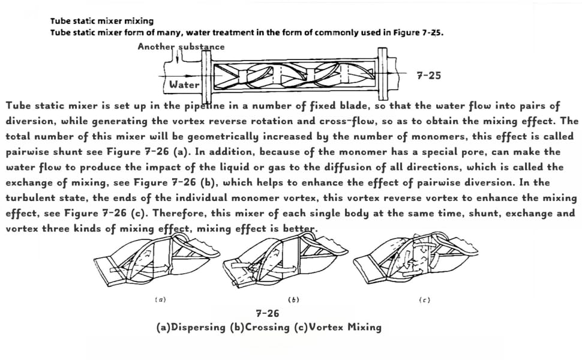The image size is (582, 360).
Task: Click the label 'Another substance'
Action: (181, 47)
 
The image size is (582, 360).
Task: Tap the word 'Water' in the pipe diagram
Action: (184, 85)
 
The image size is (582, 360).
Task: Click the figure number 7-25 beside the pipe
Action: (428, 76)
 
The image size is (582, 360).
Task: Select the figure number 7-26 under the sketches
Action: (267, 313)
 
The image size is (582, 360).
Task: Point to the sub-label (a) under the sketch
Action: (160, 299)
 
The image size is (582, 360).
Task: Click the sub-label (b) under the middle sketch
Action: (293, 299)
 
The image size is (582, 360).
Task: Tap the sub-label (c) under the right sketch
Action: (424, 299)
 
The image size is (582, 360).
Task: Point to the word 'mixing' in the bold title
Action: (139, 22)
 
